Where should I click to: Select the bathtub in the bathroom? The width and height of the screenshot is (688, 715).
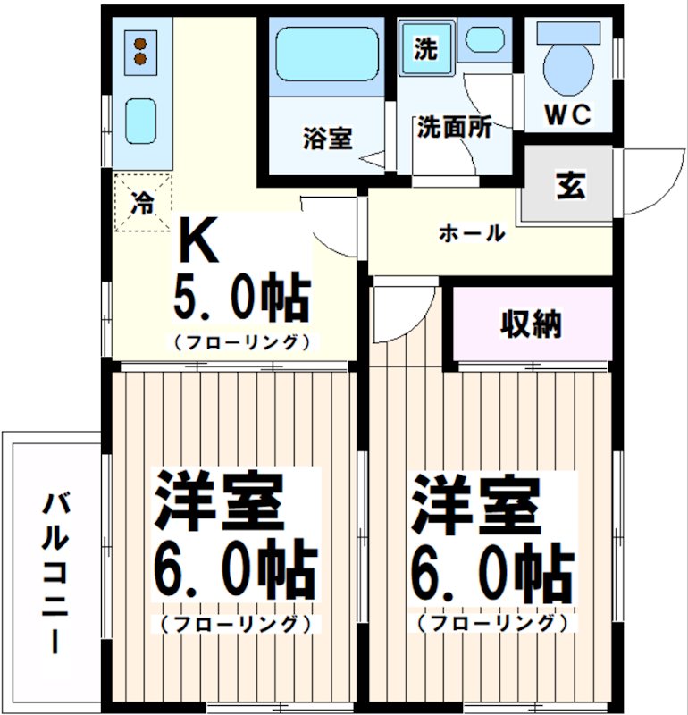(326, 54)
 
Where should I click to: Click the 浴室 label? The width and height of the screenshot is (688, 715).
(327, 139)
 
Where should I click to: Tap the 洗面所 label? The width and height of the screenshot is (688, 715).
(453, 128)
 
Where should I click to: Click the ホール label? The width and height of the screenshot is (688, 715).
(472, 234)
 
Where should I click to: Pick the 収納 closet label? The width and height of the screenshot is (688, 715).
(531, 324)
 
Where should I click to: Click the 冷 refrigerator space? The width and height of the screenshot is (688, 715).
(141, 202)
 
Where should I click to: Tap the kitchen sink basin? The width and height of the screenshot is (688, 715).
(140, 120)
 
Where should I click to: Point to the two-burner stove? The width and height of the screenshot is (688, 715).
(140, 50)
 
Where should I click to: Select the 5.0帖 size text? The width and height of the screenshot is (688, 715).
(240, 299)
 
